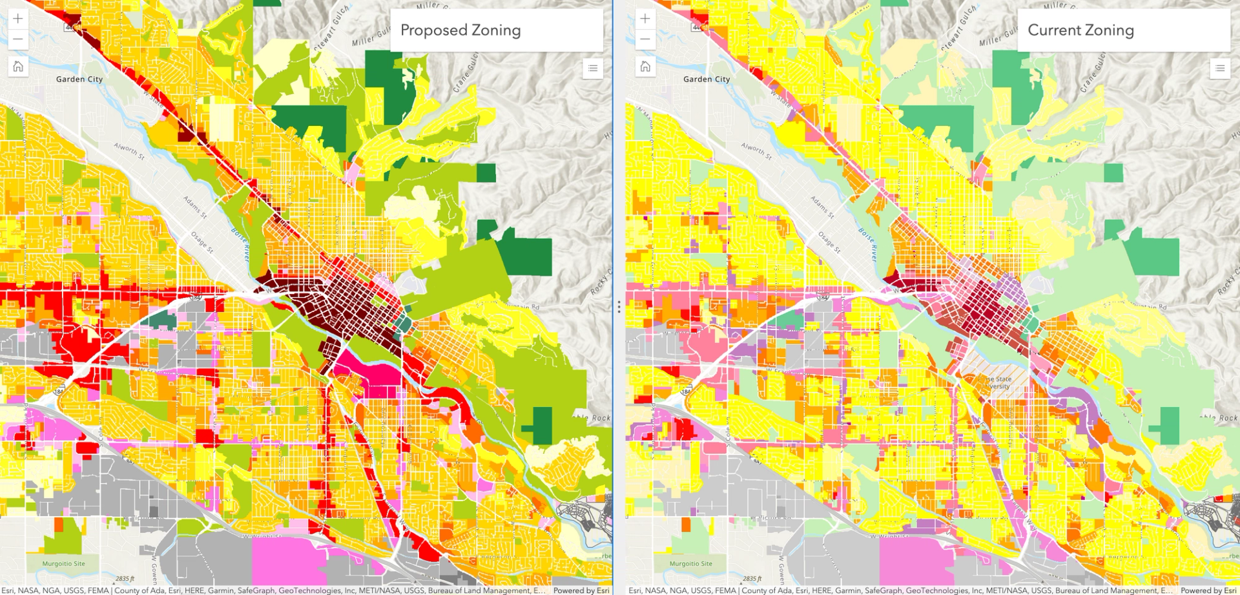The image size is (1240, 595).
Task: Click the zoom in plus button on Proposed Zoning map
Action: click(x=18, y=19)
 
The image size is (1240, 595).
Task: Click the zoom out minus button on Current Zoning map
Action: click(x=645, y=39)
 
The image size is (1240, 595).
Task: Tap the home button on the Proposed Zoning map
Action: click(x=18, y=66)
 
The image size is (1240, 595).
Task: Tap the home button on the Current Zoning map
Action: click(x=645, y=66)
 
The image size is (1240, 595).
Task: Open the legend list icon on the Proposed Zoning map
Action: click(x=592, y=68)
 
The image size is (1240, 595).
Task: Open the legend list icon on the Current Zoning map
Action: click(x=1219, y=68)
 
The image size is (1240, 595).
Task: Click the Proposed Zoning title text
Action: click(x=460, y=30)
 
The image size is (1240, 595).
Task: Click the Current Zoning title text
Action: click(x=1080, y=30)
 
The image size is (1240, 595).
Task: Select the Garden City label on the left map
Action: click(x=79, y=79)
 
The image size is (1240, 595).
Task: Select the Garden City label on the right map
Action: click(x=707, y=79)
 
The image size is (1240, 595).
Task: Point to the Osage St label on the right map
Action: click(x=828, y=242)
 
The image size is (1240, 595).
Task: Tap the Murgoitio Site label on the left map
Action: click(x=63, y=563)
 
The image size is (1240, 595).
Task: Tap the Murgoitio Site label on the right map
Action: click(x=690, y=563)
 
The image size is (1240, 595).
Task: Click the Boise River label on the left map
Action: click(x=240, y=244)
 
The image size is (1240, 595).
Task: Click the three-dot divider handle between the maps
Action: click(x=619, y=307)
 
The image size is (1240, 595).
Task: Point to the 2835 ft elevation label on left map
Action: click(x=125, y=578)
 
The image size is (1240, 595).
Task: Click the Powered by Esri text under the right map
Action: click(x=1208, y=590)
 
